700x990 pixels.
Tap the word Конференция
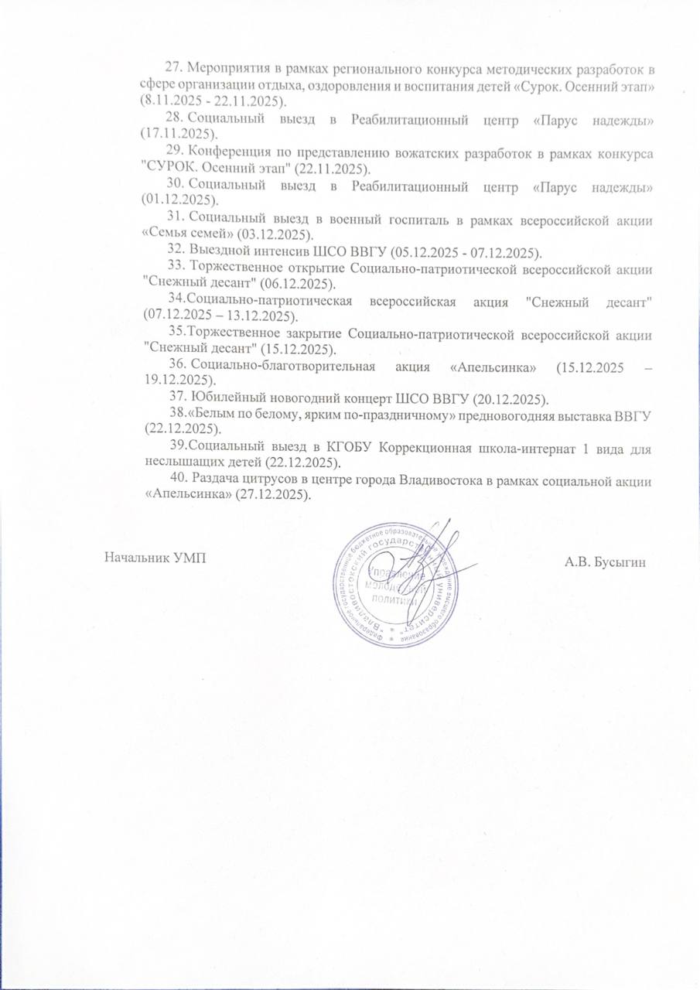point(230,152)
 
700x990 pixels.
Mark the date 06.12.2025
point(280,284)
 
